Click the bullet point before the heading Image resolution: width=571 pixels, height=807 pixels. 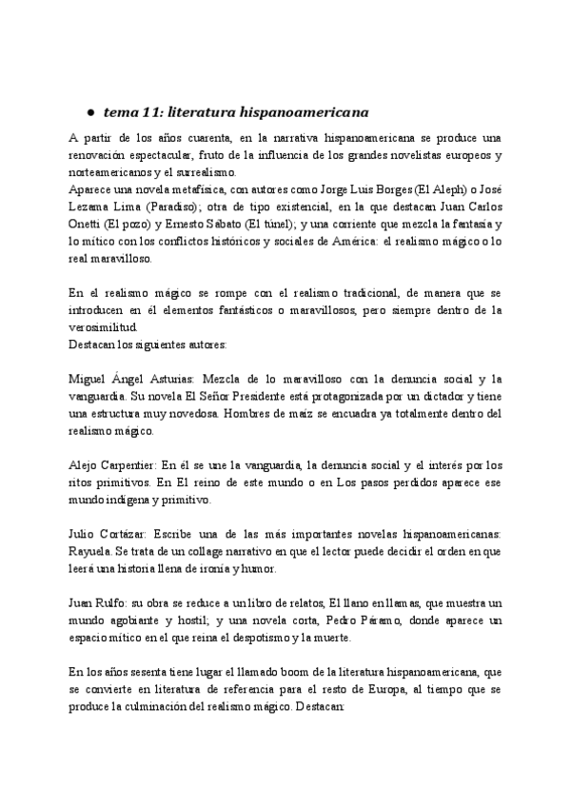89,110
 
